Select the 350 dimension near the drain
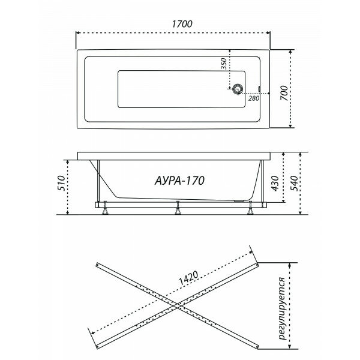click(x=223, y=65)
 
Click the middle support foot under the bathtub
click(x=178, y=209)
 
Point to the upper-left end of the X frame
click(x=98, y=263)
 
